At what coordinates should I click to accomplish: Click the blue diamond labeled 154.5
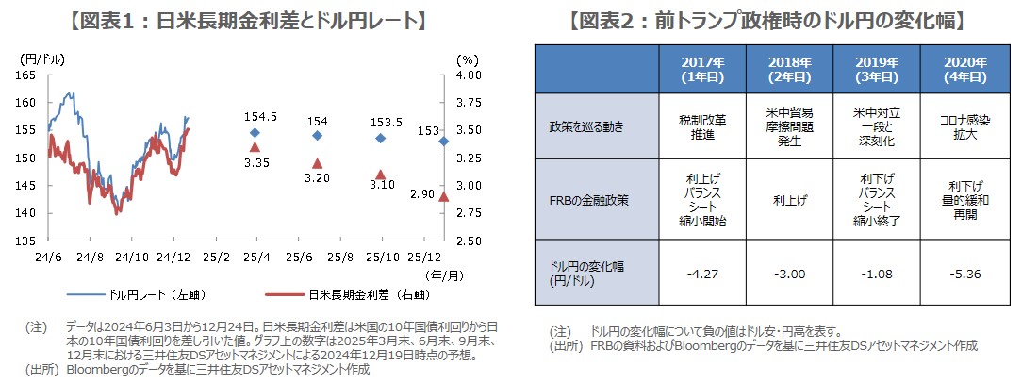click(x=255, y=132)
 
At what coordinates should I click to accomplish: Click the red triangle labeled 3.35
click(x=255, y=147)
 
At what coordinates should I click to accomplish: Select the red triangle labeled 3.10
click(x=380, y=175)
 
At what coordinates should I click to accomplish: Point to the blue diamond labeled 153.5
click(x=380, y=138)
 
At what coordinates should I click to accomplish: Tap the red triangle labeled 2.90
click(x=443, y=197)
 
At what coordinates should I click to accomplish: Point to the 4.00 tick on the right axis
click(x=468, y=75)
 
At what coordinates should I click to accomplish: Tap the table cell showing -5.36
click(x=964, y=275)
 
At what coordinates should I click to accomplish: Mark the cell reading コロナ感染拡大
click(x=964, y=126)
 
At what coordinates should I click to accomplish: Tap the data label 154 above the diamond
click(x=318, y=121)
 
